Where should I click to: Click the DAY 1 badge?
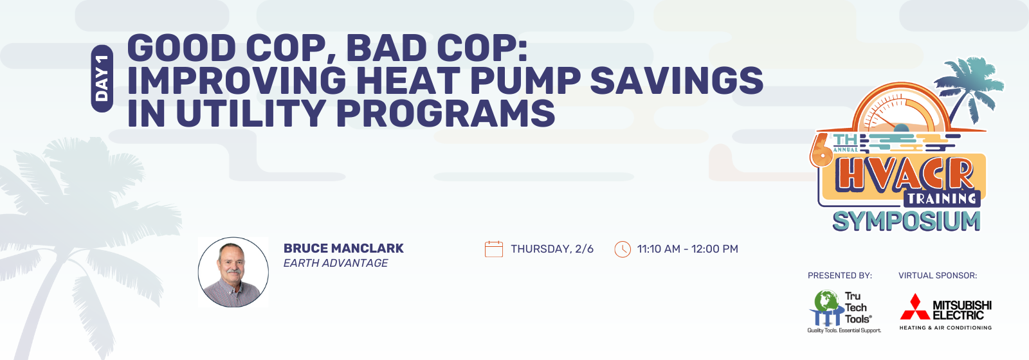click(x=102, y=78)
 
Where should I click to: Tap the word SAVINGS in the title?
click(x=677, y=80)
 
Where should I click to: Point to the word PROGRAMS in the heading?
click(x=446, y=113)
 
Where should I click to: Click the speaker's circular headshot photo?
click(x=233, y=272)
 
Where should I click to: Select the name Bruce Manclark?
click(x=343, y=248)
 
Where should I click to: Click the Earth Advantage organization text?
click(x=335, y=263)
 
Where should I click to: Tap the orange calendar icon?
click(x=494, y=249)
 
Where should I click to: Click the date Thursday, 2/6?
click(x=552, y=249)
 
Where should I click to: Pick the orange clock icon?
click(x=623, y=249)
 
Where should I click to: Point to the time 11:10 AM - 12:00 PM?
click(x=688, y=249)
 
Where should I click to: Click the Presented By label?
click(x=840, y=276)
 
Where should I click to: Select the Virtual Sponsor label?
click(x=938, y=276)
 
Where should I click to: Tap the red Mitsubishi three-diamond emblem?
click(x=915, y=307)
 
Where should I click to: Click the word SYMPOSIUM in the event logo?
click(x=906, y=221)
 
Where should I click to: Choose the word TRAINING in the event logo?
click(x=942, y=199)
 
